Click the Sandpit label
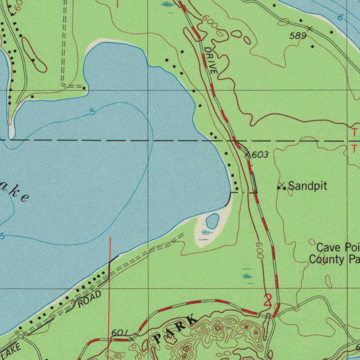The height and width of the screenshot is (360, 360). pyautogui.click(x=308, y=186)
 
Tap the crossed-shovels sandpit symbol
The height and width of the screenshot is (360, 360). pyautogui.click(x=281, y=186)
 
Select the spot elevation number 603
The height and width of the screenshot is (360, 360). pyautogui.click(x=261, y=155)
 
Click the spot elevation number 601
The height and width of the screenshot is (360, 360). pyautogui.click(x=119, y=333)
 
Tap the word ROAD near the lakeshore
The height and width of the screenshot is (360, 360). pyautogui.click(x=89, y=300)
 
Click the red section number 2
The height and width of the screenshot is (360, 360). pyautogui.click(x=268, y=301)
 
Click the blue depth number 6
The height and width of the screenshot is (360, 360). pyautogui.click(x=340, y=18)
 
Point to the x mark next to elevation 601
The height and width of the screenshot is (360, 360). pyautogui.click(x=132, y=339)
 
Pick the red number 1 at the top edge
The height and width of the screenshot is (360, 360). pyautogui.click(x=117, y=4)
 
